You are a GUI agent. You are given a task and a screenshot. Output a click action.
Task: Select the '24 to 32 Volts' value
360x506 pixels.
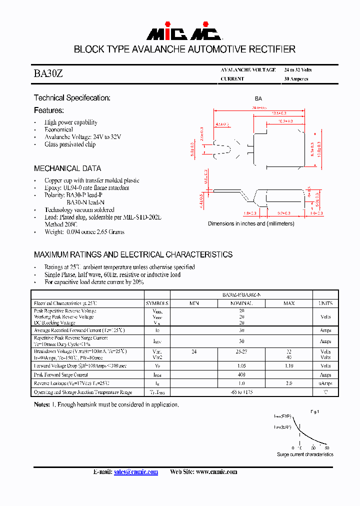click(x=297, y=70)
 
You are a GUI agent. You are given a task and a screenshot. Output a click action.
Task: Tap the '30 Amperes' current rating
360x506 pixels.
click(x=296, y=79)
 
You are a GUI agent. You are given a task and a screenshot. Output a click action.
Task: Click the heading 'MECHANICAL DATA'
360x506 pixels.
click(x=67, y=168)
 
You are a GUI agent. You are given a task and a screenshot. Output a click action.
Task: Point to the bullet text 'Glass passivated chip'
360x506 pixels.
click(x=70, y=144)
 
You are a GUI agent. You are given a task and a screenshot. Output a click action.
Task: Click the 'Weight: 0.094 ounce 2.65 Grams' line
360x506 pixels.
click(x=84, y=232)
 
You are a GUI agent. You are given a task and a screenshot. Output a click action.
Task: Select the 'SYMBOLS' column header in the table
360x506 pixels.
click(x=157, y=303)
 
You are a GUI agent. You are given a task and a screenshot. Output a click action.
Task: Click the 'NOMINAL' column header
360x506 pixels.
click(x=241, y=303)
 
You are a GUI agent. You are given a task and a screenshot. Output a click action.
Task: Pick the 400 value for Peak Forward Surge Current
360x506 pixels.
click(x=241, y=374)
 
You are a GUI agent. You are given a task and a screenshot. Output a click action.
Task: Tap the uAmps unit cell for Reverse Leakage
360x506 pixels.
click(x=325, y=383)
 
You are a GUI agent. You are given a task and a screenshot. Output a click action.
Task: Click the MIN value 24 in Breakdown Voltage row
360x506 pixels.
click(x=194, y=352)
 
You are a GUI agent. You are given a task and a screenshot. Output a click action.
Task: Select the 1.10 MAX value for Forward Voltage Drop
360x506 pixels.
click(x=289, y=366)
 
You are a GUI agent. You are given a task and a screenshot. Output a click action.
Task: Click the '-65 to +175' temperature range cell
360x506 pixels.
click(x=241, y=392)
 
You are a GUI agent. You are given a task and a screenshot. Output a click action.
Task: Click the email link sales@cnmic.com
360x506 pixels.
click(x=136, y=472)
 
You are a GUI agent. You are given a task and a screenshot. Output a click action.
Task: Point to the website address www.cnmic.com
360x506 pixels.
click(x=216, y=472)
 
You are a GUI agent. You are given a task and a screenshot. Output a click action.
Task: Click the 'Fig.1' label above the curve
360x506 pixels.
click(x=314, y=411)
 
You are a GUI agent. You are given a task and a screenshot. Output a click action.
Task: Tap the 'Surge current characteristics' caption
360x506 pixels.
click(x=305, y=454)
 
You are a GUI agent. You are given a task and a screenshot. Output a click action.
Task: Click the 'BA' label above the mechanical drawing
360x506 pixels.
click(x=258, y=99)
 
